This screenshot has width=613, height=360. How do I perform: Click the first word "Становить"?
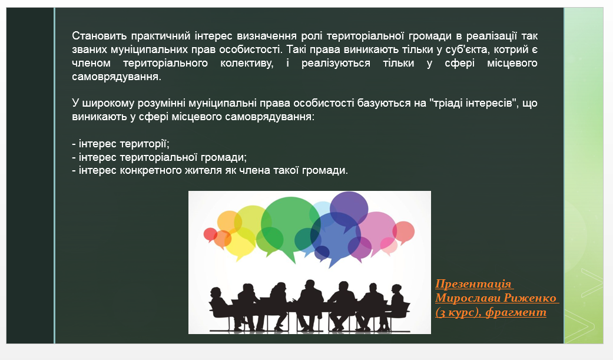point(100,36)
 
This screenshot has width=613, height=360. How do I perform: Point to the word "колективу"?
point(247,64)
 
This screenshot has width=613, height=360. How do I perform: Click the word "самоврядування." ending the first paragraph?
point(117,77)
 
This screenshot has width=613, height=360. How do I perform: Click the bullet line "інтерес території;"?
point(121,144)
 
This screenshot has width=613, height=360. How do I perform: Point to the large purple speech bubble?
point(349,208)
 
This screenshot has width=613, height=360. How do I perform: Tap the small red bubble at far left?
point(210,235)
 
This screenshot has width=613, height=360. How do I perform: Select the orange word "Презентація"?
point(473,283)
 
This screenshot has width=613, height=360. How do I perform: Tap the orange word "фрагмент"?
point(516,312)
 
